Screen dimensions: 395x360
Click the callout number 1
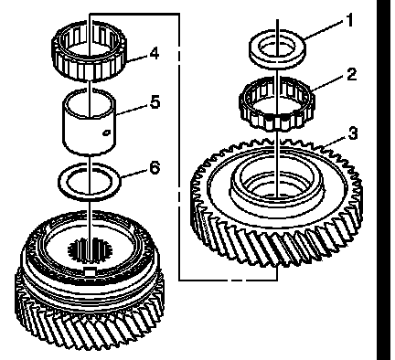pos(349,20)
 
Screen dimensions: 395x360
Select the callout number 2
pos(351,74)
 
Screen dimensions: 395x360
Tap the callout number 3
pos(352,133)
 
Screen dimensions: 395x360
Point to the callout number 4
pos(155,53)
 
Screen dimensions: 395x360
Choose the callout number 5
pos(155,101)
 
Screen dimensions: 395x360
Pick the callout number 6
pos(155,167)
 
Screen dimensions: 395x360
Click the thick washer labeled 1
pos(277,48)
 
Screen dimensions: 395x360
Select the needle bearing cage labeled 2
pos(277,103)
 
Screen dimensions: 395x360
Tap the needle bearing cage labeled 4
pos(89,51)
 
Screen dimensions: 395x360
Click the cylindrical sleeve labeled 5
pos(89,122)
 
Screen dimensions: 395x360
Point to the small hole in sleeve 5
pos(106,132)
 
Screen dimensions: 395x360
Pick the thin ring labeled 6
pos(90,182)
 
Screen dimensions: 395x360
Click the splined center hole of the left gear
pos(90,250)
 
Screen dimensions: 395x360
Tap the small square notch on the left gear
pos(89,271)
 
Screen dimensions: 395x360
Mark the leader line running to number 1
pos(325,30)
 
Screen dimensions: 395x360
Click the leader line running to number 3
pos(336,142)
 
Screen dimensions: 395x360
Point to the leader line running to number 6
pos(135,174)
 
